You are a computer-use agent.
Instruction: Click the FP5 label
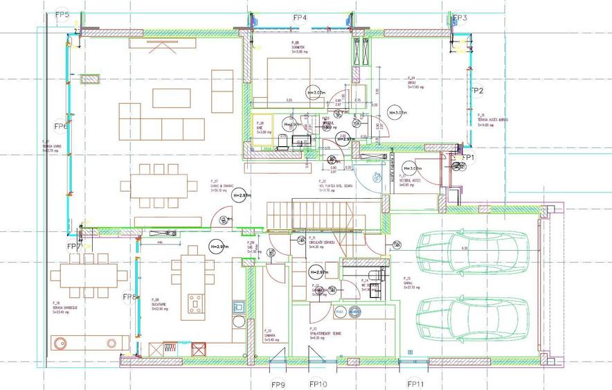tap(62, 14)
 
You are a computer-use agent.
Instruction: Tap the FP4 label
tap(300, 17)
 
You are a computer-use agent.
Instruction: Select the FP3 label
tap(460, 18)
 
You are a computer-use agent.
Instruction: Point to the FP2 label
tap(476, 91)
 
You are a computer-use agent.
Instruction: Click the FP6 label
tap(61, 127)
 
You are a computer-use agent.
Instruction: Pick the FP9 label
tap(278, 383)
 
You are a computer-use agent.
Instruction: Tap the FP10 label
tap(318, 383)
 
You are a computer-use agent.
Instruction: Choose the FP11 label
tap(415, 383)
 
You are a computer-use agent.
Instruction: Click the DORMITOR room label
tap(299, 48)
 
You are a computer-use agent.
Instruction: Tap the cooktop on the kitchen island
tap(195, 303)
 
